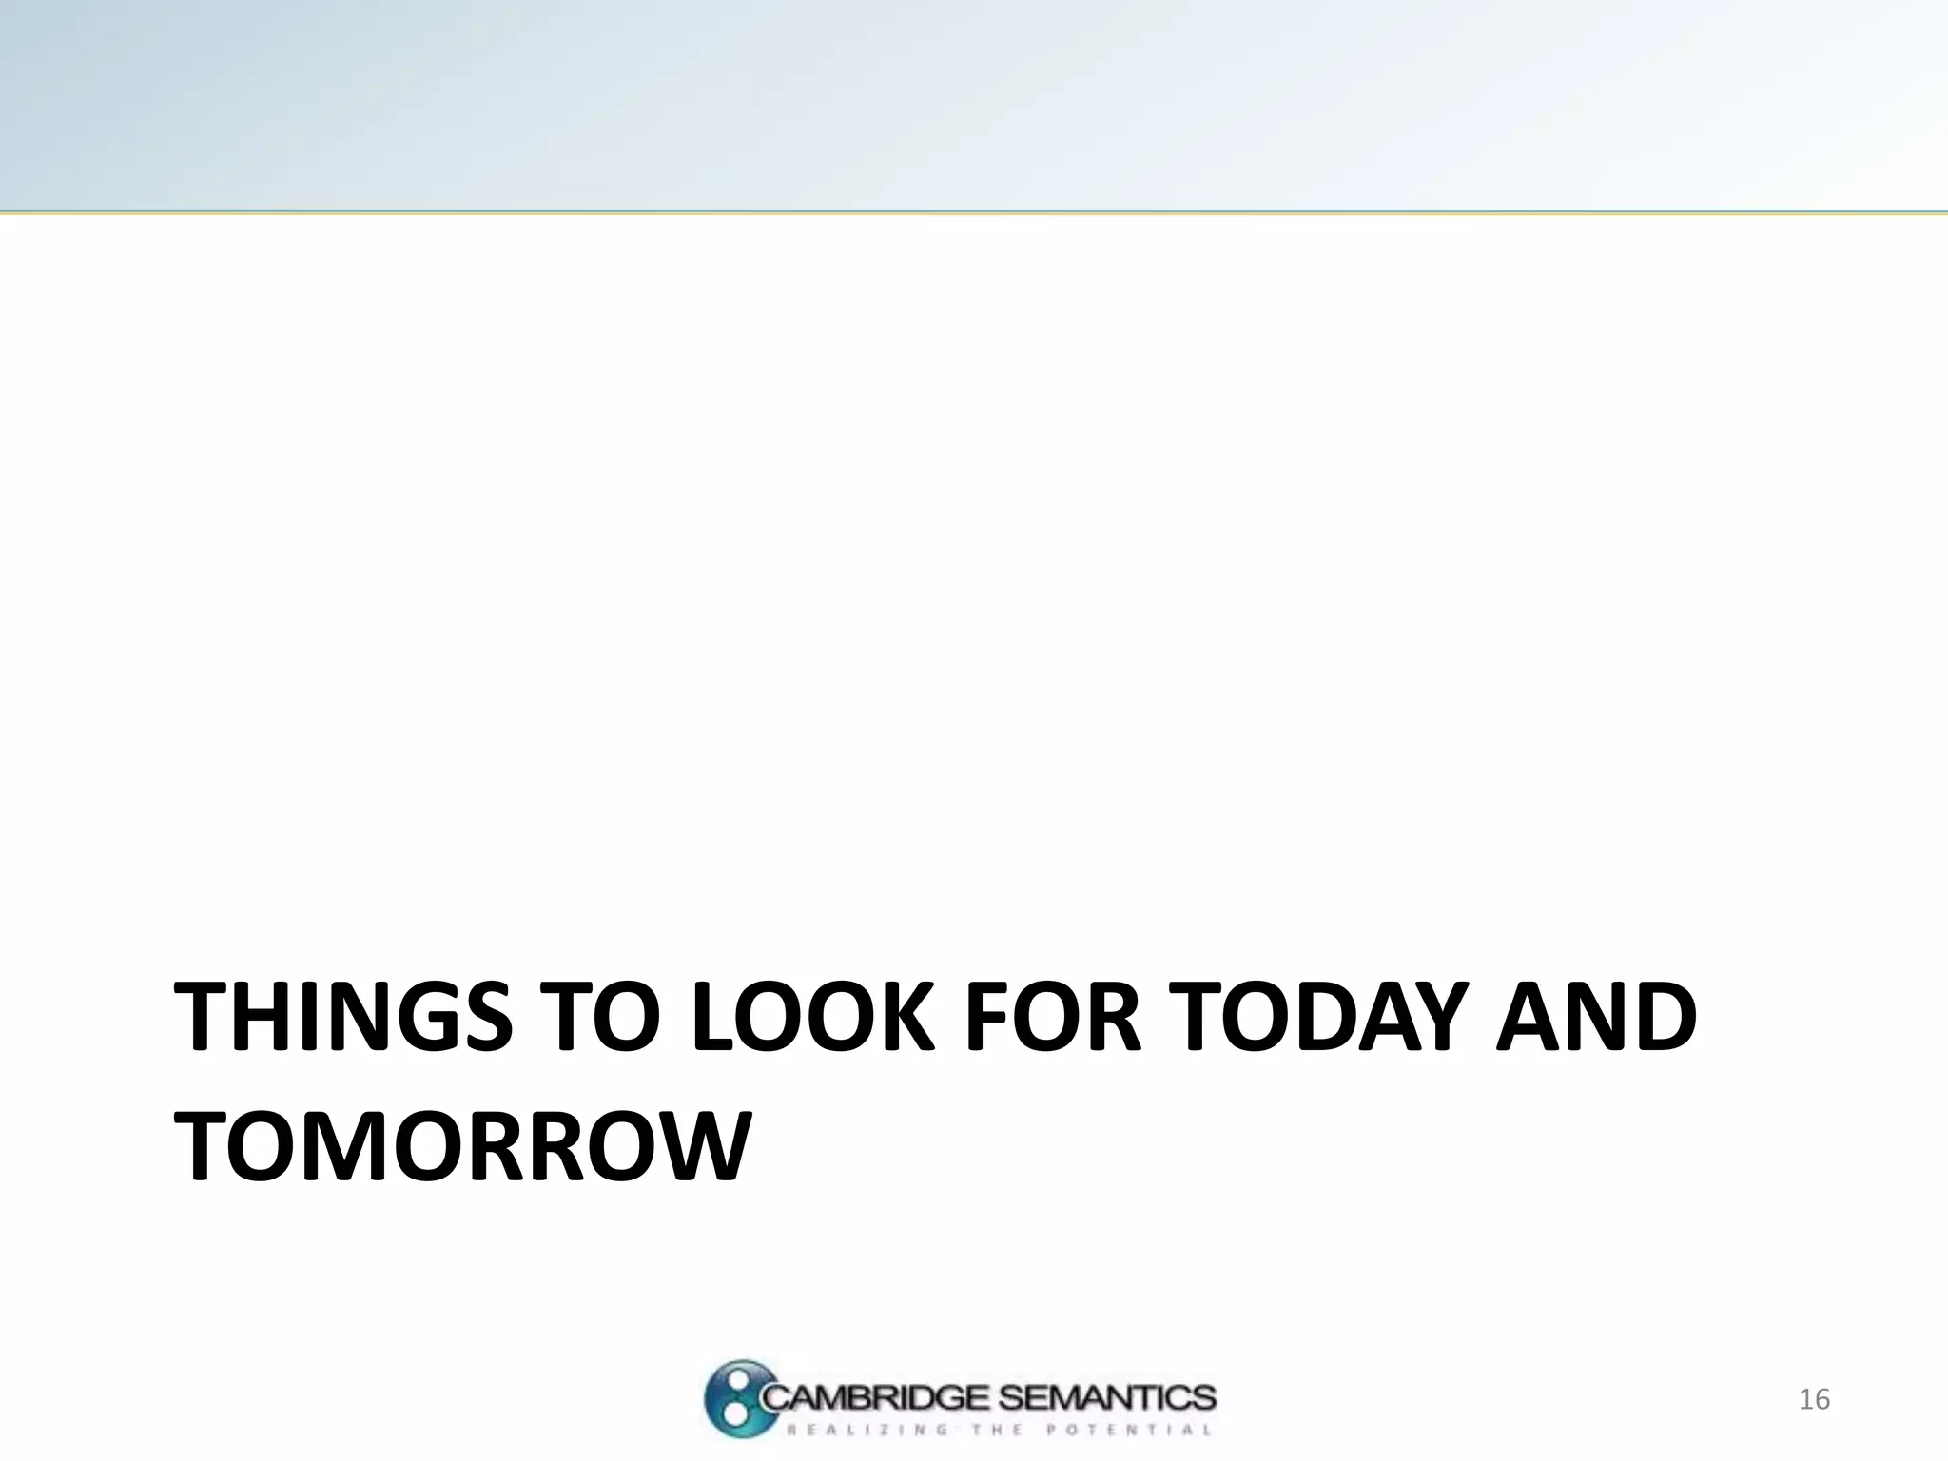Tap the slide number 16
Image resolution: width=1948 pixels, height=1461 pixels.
(x=1814, y=1399)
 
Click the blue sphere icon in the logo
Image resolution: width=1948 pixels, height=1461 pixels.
(x=736, y=1398)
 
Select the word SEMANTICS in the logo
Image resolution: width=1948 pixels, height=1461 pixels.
(x=1108, y=1396)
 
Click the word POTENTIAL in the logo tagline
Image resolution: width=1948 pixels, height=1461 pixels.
(x=1128, y=1430)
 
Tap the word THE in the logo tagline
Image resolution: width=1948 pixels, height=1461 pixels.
(x=997, y=1430)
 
